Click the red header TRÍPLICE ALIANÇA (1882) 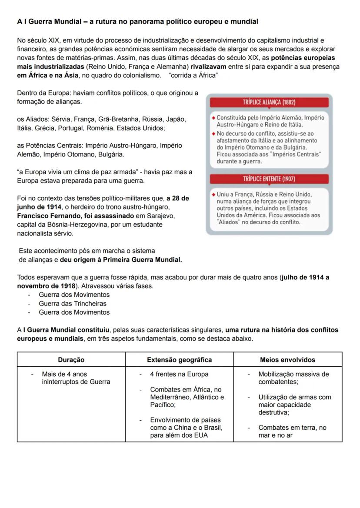269,103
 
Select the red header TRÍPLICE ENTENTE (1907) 269,179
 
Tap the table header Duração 71,359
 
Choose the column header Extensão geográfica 179,359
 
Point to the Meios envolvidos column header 287,359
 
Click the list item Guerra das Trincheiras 73,303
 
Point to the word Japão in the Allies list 177,119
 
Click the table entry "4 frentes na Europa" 179,374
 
